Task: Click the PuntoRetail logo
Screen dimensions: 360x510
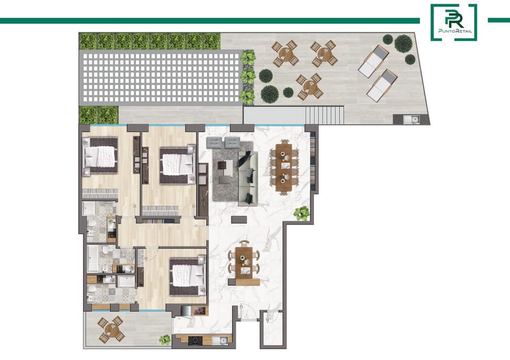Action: pos(453,22)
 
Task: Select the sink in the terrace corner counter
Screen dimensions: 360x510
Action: pos(410,119)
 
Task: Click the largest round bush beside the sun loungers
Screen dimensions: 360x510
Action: pos(403,43)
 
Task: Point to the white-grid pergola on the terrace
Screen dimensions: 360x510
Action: pos(160,79)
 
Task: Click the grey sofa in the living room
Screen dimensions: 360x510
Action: pos(247,178)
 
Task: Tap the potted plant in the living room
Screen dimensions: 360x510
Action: pos(302,213)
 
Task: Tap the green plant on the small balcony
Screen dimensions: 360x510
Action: pos(165,339)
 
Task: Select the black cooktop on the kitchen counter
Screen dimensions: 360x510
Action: pos(194,340)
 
